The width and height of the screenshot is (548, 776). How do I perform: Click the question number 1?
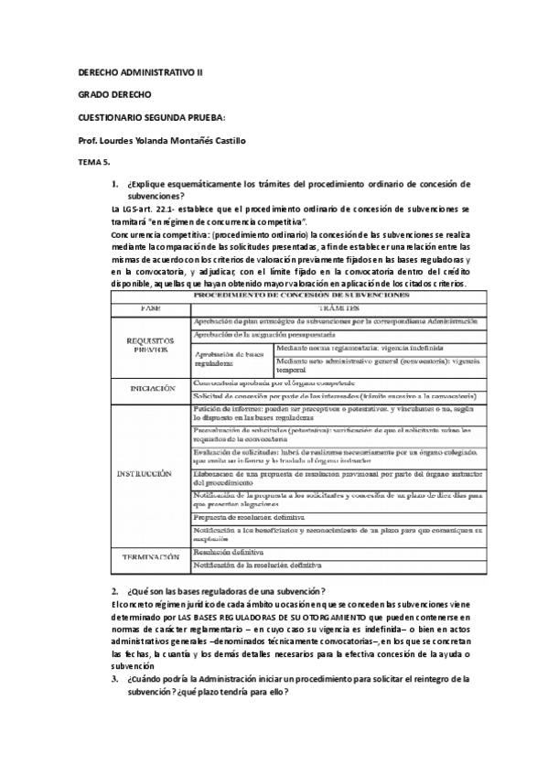(114, 185)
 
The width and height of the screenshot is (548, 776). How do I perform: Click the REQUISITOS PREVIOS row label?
(150, 345)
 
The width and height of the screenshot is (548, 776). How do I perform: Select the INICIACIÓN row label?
(150, 388)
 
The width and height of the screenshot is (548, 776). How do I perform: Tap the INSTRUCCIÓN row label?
(145, 474)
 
